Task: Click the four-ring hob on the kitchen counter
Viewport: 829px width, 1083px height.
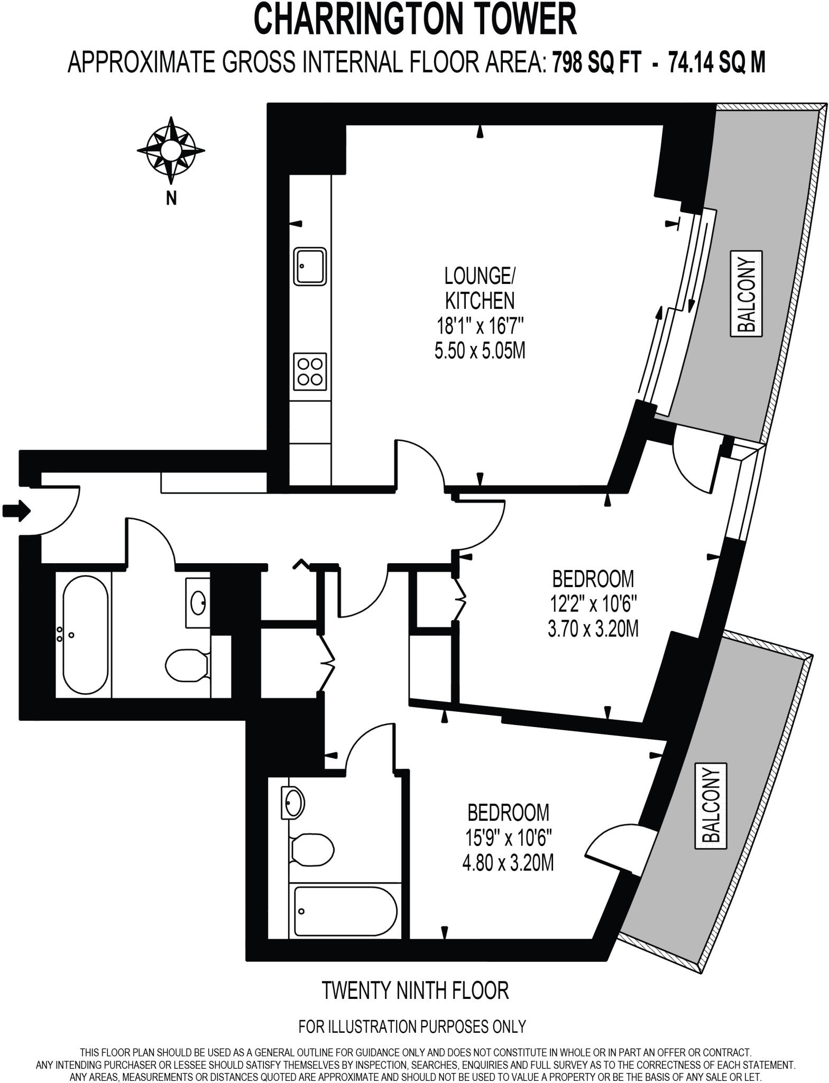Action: (310, 372)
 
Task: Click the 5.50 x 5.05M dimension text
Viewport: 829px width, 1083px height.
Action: (480, 351)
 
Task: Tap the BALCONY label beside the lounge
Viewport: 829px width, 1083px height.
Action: (747, 294)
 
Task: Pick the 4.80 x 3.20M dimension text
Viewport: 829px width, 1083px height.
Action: (508, 864)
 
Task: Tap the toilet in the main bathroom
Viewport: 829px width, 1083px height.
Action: (187, 664)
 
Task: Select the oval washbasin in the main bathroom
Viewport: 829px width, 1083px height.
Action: (198, 602)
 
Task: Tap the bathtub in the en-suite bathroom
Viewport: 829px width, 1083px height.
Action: (344, 911)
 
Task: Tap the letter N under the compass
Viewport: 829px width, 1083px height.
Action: (171, 199)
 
